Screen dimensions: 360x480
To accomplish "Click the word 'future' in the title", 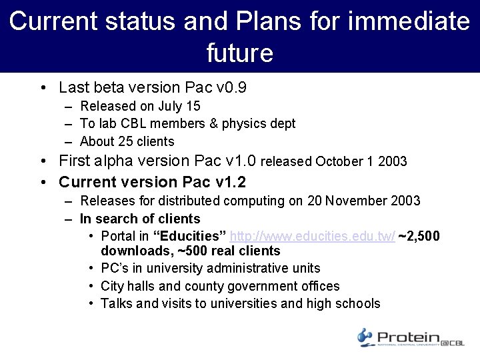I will pos(240,53).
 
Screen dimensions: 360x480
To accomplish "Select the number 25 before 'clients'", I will pos(125,141).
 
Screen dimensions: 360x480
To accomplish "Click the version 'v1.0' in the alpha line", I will pos(242,161).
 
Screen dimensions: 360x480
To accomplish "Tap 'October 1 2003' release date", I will pos(361,161).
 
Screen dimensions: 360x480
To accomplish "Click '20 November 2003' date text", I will pos(364,201).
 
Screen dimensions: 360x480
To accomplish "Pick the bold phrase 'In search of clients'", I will pos(140,219).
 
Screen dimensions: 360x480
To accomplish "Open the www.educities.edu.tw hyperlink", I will pos(312,237).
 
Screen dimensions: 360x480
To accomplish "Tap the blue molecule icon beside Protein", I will pos(365,337).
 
